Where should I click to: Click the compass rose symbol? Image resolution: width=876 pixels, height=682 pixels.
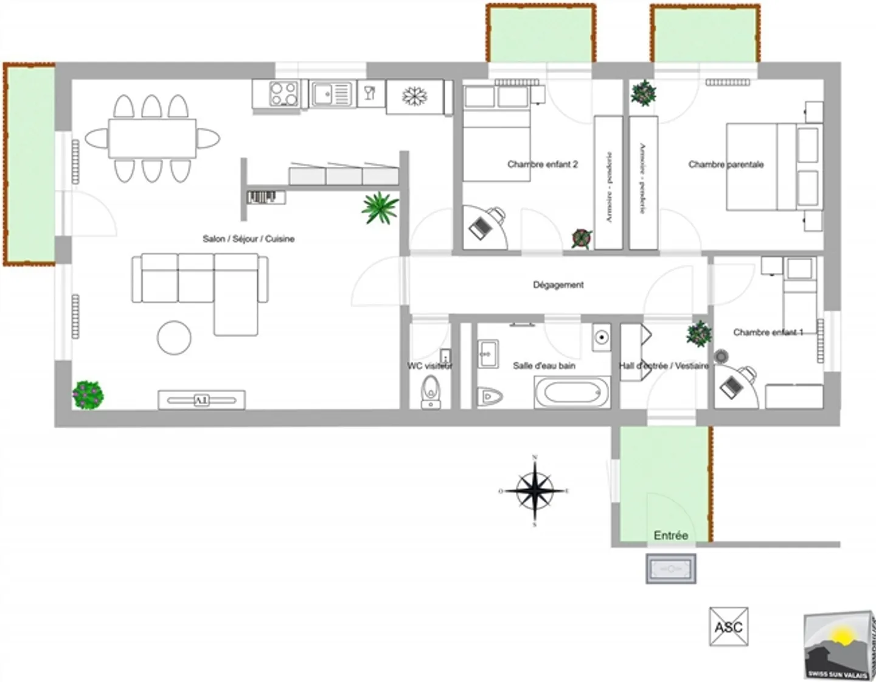click(535, 491)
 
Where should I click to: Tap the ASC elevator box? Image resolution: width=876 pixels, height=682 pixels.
click(728, 627)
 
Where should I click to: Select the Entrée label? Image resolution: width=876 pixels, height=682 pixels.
click(670, 535)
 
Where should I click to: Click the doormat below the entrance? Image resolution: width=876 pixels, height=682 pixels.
click(670, 569)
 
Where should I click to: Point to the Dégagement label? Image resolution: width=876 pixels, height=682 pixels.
click(558, 284)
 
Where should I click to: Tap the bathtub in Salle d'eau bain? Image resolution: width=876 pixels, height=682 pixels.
click(572, 392)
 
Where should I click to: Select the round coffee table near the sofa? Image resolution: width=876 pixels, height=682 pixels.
click(174, 337)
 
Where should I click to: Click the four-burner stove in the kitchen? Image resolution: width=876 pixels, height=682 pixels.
click(283, 94)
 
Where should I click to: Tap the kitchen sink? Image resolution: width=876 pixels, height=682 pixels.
click(332, 94)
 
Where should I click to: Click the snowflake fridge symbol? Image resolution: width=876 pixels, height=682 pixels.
click(415, 96)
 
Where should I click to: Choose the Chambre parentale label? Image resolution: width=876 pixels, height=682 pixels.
click(726, 164)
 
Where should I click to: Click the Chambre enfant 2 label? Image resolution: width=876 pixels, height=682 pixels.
click(542, 164)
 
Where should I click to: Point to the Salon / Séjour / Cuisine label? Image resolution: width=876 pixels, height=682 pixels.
click(248, 239)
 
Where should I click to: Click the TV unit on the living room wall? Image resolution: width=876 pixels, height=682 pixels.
click(201, 400)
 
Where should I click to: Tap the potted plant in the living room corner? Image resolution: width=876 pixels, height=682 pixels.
click(88, 395)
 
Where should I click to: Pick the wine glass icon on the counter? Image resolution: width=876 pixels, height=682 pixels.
click(370, 94)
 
